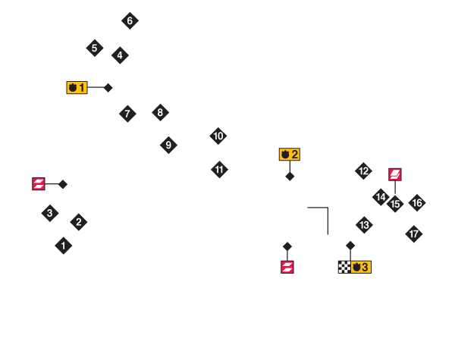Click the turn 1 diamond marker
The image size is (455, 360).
click(64, 246)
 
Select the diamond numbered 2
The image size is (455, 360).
click(79, 222)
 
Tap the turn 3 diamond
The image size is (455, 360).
click(50, 213)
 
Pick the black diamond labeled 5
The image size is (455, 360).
click(95, 48)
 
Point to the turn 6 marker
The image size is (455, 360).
click(130, 20)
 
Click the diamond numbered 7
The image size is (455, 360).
click(127, 114)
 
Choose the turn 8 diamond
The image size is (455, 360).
click(161, 112)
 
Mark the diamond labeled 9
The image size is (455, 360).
click(168, 145)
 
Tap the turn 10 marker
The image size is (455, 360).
click(218, 136)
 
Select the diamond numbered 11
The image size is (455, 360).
click(219, 170)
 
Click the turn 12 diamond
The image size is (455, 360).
click(363, 171)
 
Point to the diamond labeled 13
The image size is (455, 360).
click(364, 225)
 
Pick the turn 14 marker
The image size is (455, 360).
click(381, 197)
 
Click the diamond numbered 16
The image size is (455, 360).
click(417, 203)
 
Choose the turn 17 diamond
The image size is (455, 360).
click(414, 234)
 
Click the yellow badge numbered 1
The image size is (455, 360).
click(77, 87)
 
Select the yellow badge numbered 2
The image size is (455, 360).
click(290, 155)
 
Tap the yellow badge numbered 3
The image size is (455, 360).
click(361, 268)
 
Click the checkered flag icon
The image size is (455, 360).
click(344, 268)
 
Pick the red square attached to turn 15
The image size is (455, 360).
click(395, 174)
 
